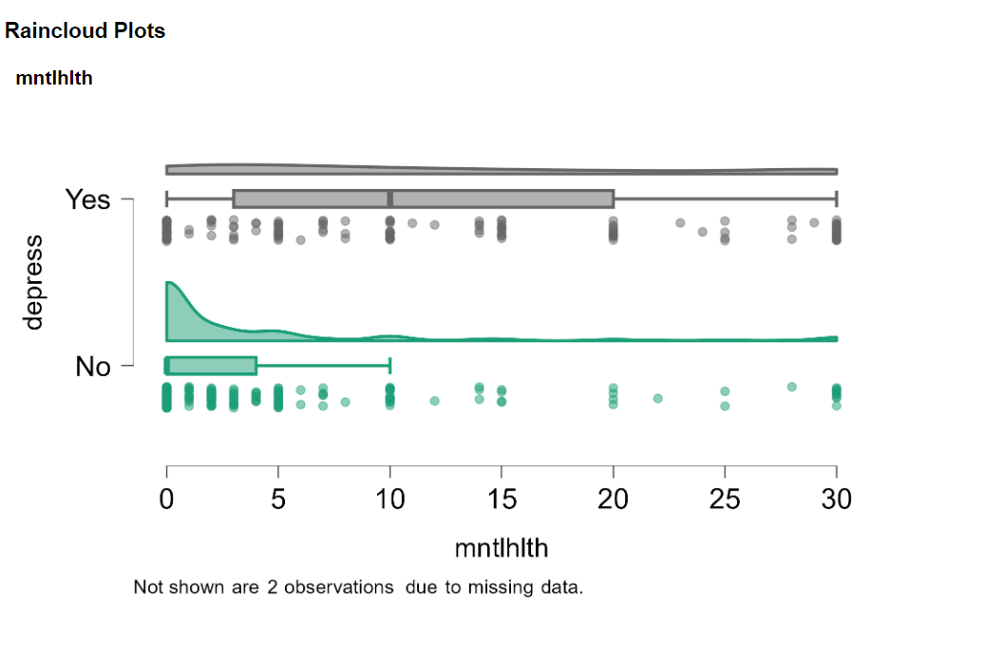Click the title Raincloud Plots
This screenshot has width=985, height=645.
tap(85, 31)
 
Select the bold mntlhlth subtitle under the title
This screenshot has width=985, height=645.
tap(54, 79)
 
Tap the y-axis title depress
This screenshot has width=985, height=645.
tap(34, 282)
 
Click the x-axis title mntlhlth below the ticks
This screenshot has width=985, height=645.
tap(501, 548)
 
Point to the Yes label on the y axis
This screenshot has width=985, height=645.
tap(87, 199)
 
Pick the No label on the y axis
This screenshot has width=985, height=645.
tap(93, 367)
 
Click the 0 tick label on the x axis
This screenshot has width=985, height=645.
tap(167, 500)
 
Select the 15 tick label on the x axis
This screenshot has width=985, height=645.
tap(502, 500)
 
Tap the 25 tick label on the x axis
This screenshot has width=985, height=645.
tap(725, 500)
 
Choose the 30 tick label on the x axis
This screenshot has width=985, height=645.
tap(836, 500)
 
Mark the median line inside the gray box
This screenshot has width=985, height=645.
tap(389, 199)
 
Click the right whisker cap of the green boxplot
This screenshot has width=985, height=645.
tap(390, 366)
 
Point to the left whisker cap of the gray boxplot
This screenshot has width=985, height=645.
tap(167, 199)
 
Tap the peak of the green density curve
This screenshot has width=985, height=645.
tap(169, 283)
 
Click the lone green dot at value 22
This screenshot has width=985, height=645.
tap(657, 398)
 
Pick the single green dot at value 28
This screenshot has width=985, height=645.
tap(791, 387)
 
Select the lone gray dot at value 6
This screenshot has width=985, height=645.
tap(300, 239)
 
